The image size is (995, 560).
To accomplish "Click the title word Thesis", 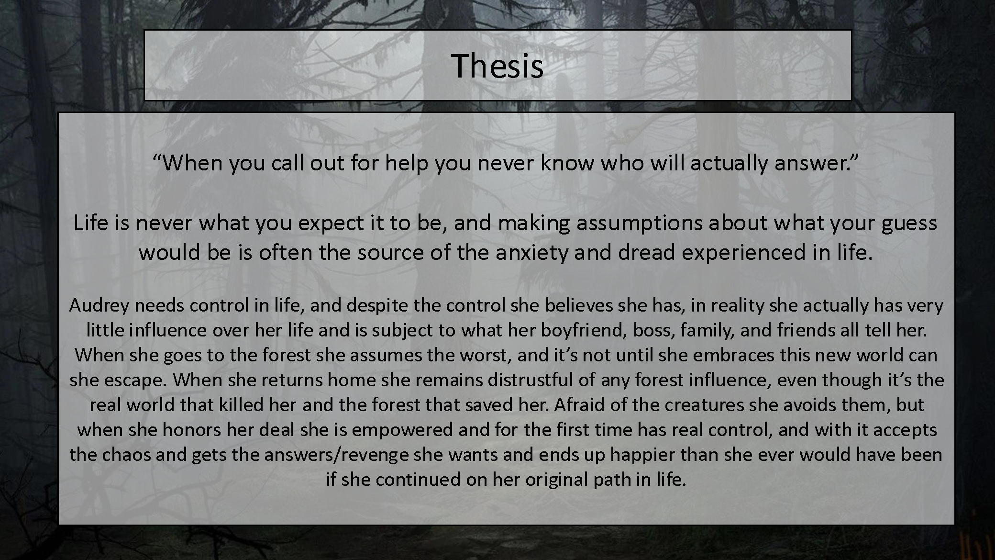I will [497, 66].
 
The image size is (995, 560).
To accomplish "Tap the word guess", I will [909, 224].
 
